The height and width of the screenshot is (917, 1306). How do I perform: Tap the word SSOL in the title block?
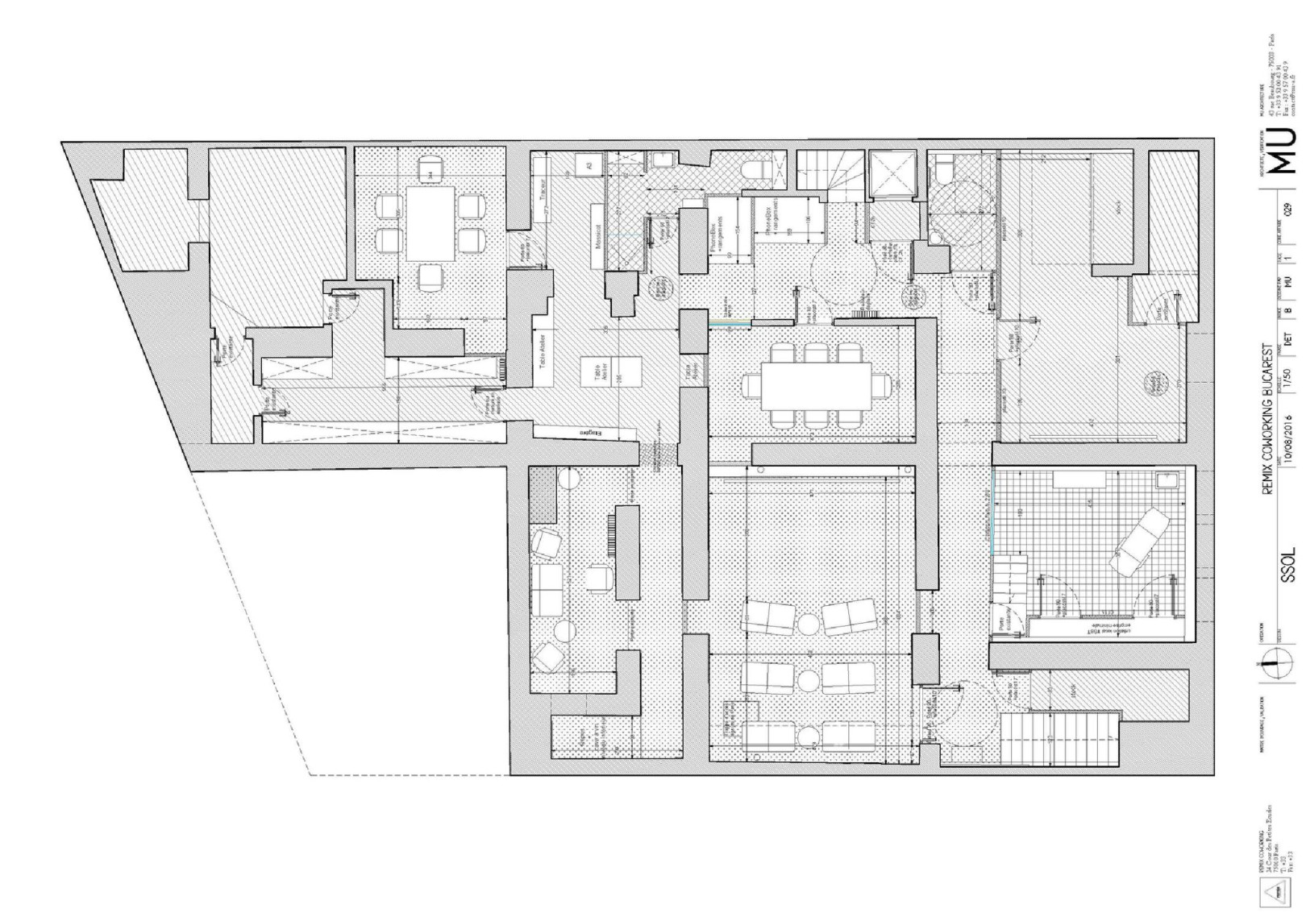coord(1287,564)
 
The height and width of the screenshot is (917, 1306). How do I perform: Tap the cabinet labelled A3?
coord(588,165)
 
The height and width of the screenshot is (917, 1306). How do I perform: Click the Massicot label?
coord(597,236)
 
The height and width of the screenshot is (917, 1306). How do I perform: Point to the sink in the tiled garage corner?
coord(1166,481)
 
